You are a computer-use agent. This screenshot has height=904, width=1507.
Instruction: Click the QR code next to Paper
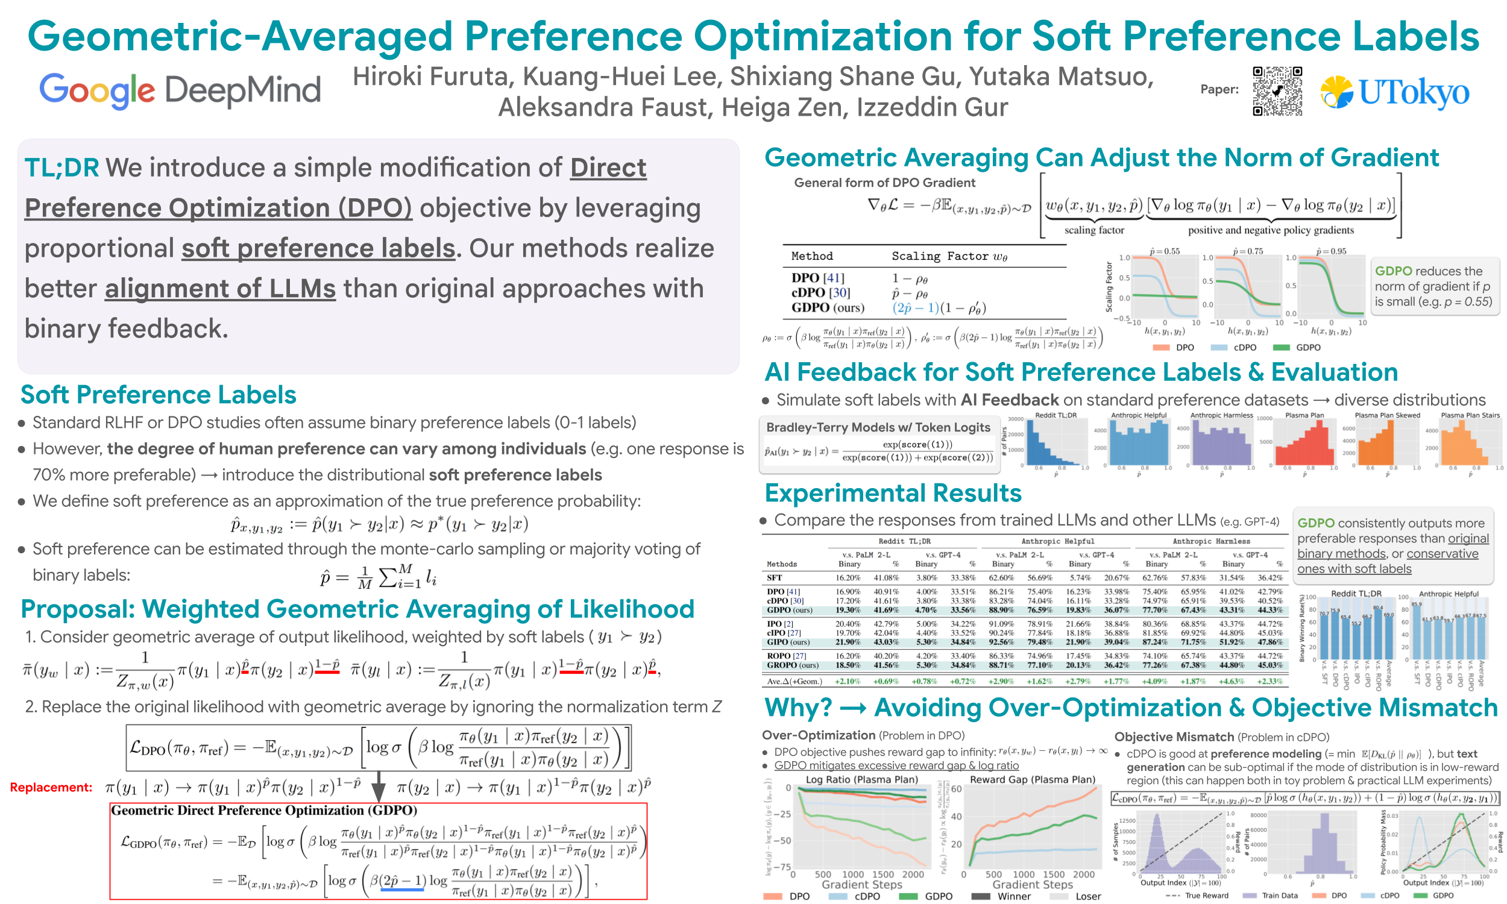click(x=1277, y=91)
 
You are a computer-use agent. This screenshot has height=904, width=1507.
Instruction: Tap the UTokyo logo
click(x=1394, y=92)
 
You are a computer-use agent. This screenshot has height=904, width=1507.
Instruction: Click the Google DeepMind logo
click(x=180, y=91)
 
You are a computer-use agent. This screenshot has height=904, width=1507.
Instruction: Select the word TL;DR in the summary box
click(x=61, y=168)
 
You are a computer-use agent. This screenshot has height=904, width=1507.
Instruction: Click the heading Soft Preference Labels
click(x=159, y=395)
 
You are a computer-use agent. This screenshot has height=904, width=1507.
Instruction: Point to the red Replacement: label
click(x=51, y=787)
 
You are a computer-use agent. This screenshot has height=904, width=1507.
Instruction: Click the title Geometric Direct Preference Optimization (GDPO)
click(x=264, y=810)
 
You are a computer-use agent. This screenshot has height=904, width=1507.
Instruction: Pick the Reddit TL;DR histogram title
click(x=1056, y=415)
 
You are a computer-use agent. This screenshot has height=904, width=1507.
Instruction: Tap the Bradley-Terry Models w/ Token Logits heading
click(x=878, y=428)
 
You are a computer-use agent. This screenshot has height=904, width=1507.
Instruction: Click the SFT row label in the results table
click(x=774, y=577)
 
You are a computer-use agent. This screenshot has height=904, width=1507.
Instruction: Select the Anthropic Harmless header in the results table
click(x=1210, y=541)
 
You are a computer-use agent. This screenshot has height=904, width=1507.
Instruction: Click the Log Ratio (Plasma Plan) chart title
click(x=861, y=779)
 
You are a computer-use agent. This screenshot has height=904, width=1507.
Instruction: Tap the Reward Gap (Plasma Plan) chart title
click(x=1033, y=779)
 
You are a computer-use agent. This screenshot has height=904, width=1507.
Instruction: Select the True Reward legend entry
click(x=1206, y=896)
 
